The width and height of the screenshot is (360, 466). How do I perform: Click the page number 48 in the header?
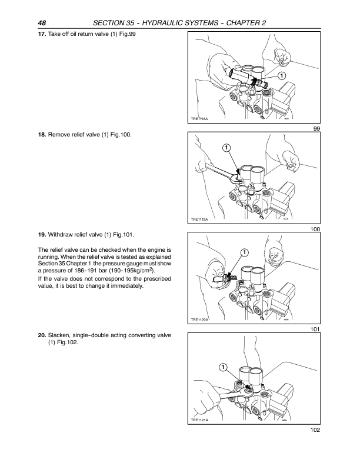[x=42, y=23]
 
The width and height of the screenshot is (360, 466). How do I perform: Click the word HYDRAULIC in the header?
[x=162, y=23]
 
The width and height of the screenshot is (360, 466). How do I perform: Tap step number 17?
[x=42, y=34]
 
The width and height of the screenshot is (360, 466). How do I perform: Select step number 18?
[x=42, y=135]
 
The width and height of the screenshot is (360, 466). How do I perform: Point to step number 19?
[x=42, y=235]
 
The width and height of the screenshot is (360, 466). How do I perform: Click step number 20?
[x=42, y=335]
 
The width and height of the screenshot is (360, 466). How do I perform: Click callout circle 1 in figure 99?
[x=281, y=76]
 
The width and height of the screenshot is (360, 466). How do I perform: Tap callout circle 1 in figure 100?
[x=226, y=148]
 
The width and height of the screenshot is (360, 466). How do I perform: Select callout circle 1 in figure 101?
[x=244, y=252]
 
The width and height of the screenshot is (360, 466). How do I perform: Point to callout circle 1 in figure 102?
[x=223, y=367]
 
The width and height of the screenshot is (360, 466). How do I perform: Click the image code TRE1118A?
[x=199, y=119]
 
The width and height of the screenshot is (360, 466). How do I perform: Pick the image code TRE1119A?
[x=199, y=219]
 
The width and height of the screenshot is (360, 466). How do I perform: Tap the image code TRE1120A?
[x=200, y=319]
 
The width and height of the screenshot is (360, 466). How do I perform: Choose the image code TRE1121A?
[x=199, y=420]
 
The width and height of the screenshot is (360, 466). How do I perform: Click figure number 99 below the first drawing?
[x=316, y=128]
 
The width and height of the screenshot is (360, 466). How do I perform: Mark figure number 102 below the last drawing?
[x=315, y=430]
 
